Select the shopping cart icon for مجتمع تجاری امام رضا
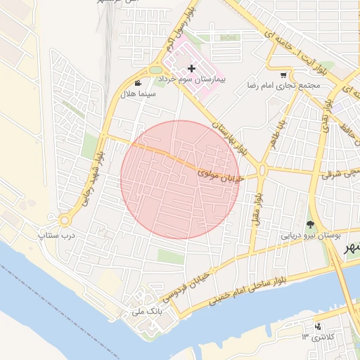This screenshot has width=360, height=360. coord(283,75)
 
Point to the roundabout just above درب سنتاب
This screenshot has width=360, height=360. coord(64,220)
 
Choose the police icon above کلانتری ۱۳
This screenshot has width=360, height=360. coord(318,326)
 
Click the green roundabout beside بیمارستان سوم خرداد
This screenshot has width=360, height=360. coord(155,70)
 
